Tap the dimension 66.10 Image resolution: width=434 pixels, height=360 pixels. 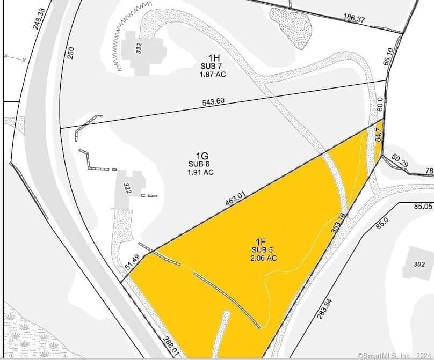390,56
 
